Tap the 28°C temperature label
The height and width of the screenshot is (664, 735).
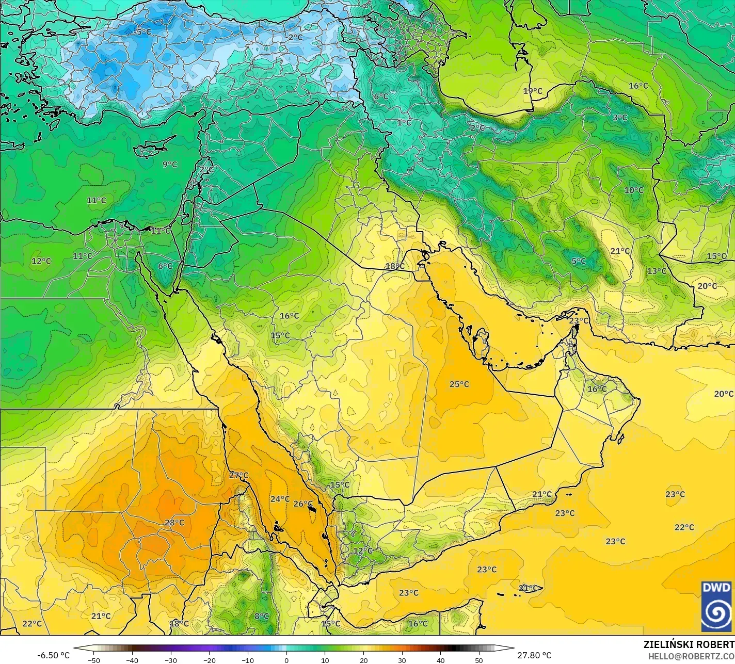coord(174,522)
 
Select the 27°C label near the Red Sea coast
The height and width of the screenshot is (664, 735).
coord(238,475)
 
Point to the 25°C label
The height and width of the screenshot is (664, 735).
coord(459,384)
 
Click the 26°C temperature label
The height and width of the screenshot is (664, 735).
coord(303,504)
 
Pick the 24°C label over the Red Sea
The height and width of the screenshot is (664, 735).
coord(280,499)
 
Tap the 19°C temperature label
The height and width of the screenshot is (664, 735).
coord(533,91)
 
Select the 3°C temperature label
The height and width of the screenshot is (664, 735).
coord(620,118)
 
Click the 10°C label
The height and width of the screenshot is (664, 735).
coord(634,190)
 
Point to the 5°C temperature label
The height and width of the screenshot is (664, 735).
coord(579,261)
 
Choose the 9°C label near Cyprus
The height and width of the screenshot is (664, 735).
coord(170,164)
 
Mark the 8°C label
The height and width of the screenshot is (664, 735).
coord(262,616)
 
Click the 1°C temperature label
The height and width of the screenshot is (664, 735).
coord(404,122)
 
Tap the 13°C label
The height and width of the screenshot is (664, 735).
coord(657,271)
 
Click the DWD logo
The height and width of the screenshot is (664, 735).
coord(716,606)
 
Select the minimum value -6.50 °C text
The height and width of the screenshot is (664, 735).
coord(53,655)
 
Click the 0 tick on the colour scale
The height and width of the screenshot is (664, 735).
coord(286,660)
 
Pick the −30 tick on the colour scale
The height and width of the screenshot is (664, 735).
coord(171,660)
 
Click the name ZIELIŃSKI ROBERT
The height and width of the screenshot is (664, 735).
coord(689,644)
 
